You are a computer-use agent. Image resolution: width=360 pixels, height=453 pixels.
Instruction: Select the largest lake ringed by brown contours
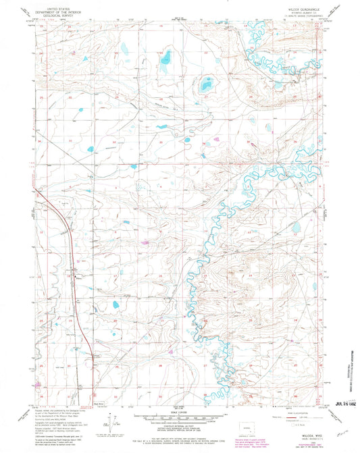point(205,86)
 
